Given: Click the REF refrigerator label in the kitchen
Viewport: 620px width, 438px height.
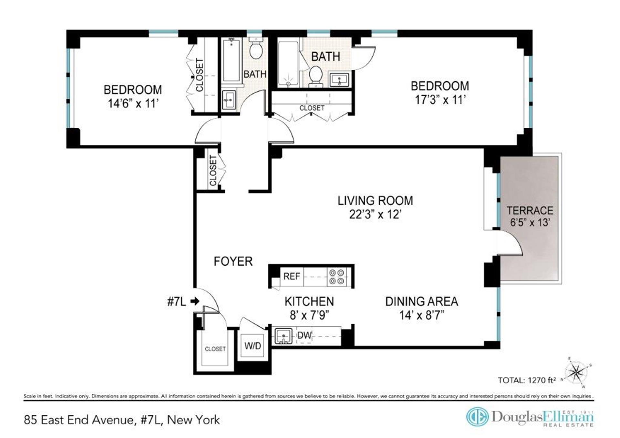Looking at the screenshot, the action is pyautogui.click(x=292, y=276).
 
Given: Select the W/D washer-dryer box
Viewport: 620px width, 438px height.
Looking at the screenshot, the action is pyautogui.click(x=253, y=346).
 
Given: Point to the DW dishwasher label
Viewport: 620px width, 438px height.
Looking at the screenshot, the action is pyautogui.click(x=304, y=335).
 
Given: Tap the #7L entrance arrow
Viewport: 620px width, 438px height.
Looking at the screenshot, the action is pyautogui.click(x=195, y=301).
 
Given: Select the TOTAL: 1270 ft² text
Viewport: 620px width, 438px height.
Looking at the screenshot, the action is pyautogui.click(x=527, y=380).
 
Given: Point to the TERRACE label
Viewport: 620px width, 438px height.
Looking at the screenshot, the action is pyautogui.click(x=530, y=211).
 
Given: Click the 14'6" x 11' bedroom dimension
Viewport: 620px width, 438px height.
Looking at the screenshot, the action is pyautogui.click(x=133, y=104).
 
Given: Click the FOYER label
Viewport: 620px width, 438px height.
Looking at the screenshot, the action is pyautogui.click(x=233, y=261).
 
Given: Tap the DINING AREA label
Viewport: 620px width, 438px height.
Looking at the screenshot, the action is pyautogui.click(x=422, y=301).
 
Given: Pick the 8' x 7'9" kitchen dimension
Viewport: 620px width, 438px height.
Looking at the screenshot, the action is pyautogui.click(x=309, y=315).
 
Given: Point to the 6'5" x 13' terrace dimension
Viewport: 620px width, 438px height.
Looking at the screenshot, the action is pyautogui.click(x=530, y=223).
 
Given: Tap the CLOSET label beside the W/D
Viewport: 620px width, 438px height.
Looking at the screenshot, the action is pyautogui.click(x=215, y=349).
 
